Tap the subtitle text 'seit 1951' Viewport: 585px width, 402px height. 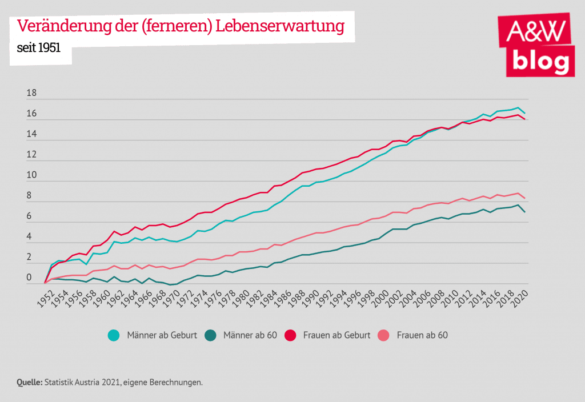coord(39,49)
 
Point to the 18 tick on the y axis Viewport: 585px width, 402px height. coord(32,94)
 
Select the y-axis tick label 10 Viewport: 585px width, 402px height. coord(32,175)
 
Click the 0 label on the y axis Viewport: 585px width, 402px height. coord(29,278)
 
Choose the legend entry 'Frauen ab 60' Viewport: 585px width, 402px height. coord(423,335)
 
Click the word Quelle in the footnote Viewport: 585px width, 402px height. coord(29,382)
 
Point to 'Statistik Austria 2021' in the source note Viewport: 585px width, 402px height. coord(82,382)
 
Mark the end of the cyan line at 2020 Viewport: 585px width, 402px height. coord(524,113)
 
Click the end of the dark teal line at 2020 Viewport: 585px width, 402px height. coord(524,212)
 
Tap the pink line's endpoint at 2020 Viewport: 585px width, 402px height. coord(524,198)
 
